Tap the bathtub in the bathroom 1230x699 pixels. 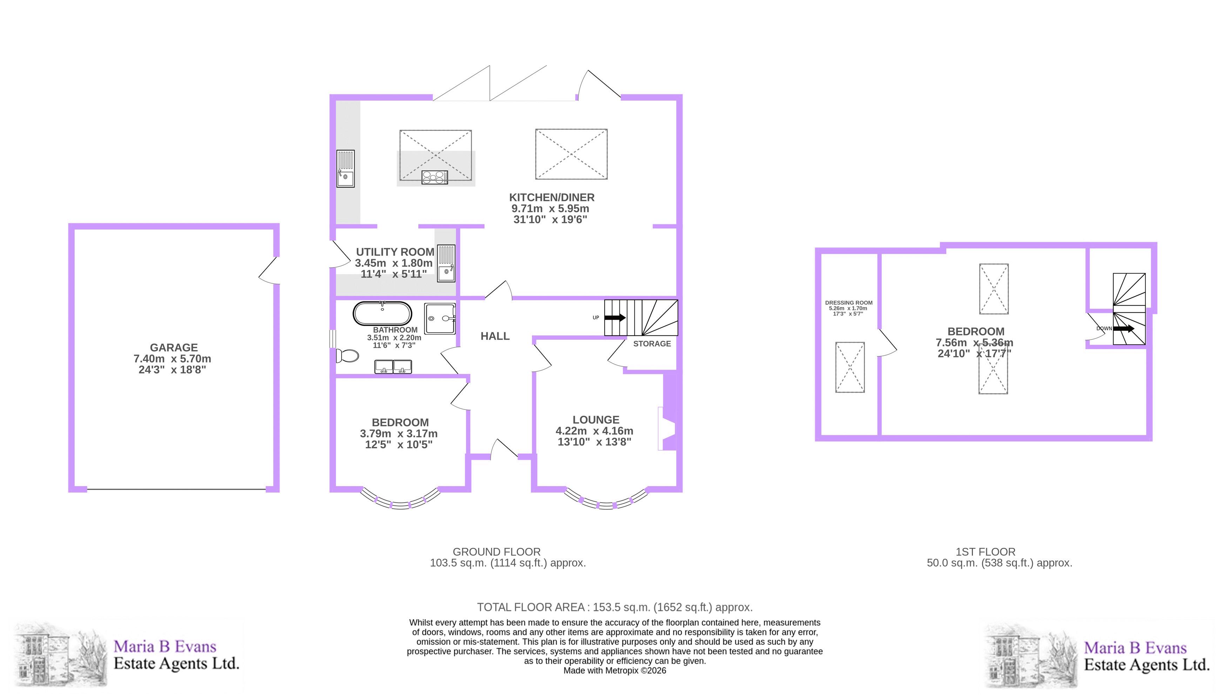pos(382,314)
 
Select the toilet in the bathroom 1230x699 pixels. pos(347,356)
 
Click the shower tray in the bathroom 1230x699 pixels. pos(439,318)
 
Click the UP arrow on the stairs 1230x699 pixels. pos(615,317)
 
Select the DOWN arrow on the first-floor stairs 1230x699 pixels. pos(1124,329)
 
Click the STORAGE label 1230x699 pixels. pos(652,344)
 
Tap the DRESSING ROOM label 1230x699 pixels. pos(849,303)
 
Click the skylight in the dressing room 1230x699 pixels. pos(849,367)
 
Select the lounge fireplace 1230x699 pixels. pos(667,429)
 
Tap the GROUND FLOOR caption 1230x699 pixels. pos(497,552)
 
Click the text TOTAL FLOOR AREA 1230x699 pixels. pos(530,607)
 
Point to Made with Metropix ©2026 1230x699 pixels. pos(615,671)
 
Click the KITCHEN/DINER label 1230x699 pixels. pos(551,197)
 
